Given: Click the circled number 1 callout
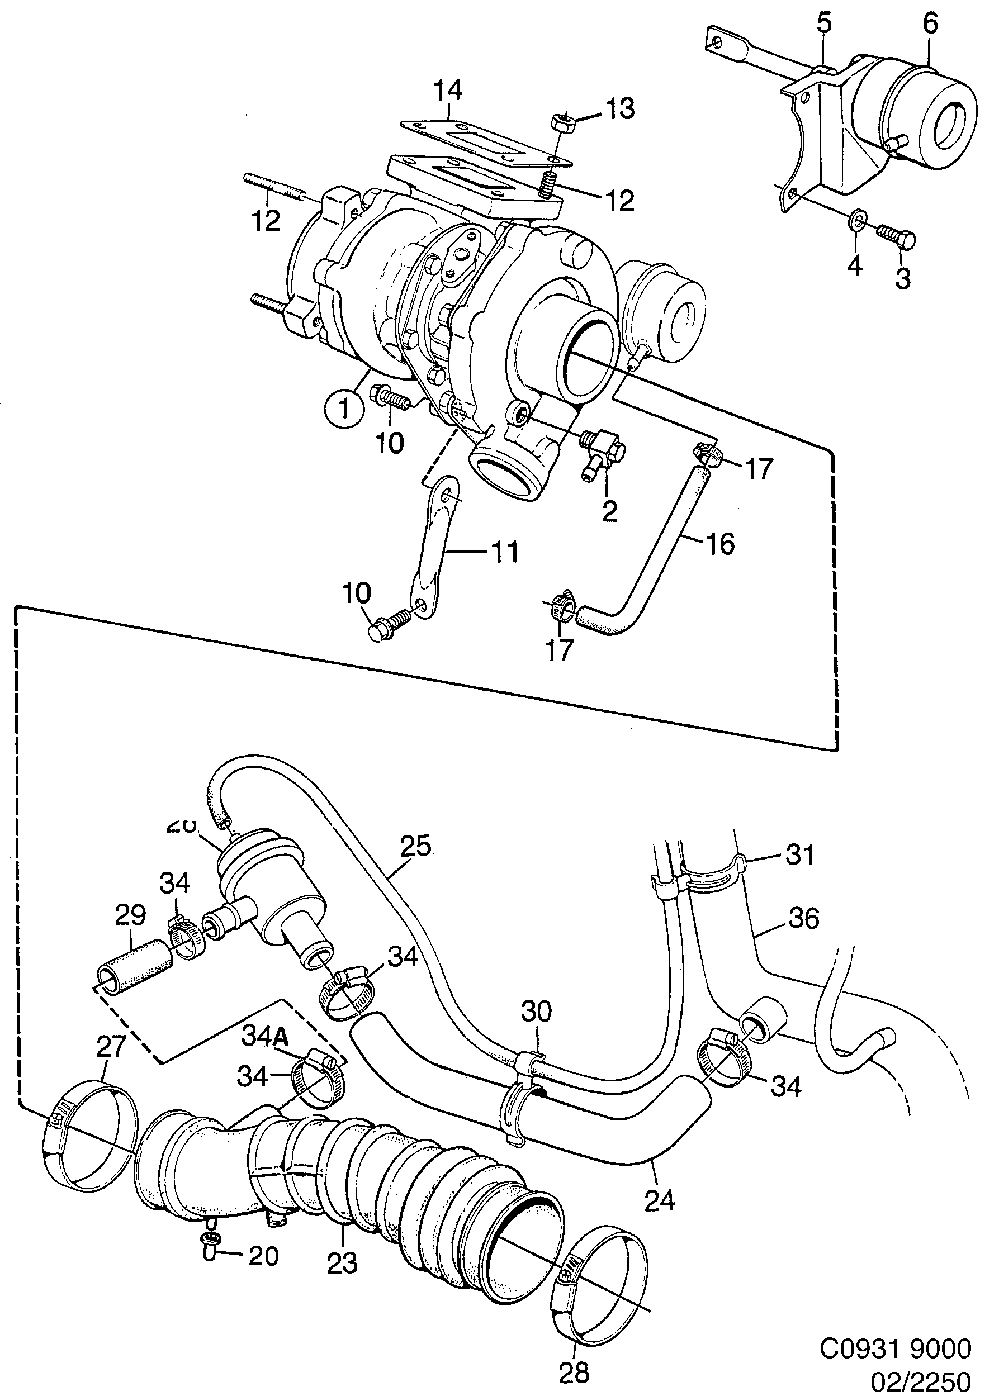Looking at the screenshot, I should pyautogui.click(x=344, y=408).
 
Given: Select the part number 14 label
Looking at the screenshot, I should pyautogui.click(x=448, y=91).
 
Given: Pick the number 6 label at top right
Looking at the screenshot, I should pyautogui.click(x=931, y=23).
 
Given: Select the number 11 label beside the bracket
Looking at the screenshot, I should pyautogui.click(x=505, y=552).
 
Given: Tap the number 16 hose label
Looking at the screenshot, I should pyautogui.click(x=721, y=544).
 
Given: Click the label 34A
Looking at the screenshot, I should pyautogui.click(x=264, y=1036).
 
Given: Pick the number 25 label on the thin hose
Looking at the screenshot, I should pyautogui.click(x=416, y=846).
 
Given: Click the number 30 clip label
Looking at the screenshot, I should pyautogui.click(x=537, y=1011).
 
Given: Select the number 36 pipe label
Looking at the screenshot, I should pyautogui.click(x=804, y=918).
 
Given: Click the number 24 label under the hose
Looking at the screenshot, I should pyautogui.click(x=660, y=1200).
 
